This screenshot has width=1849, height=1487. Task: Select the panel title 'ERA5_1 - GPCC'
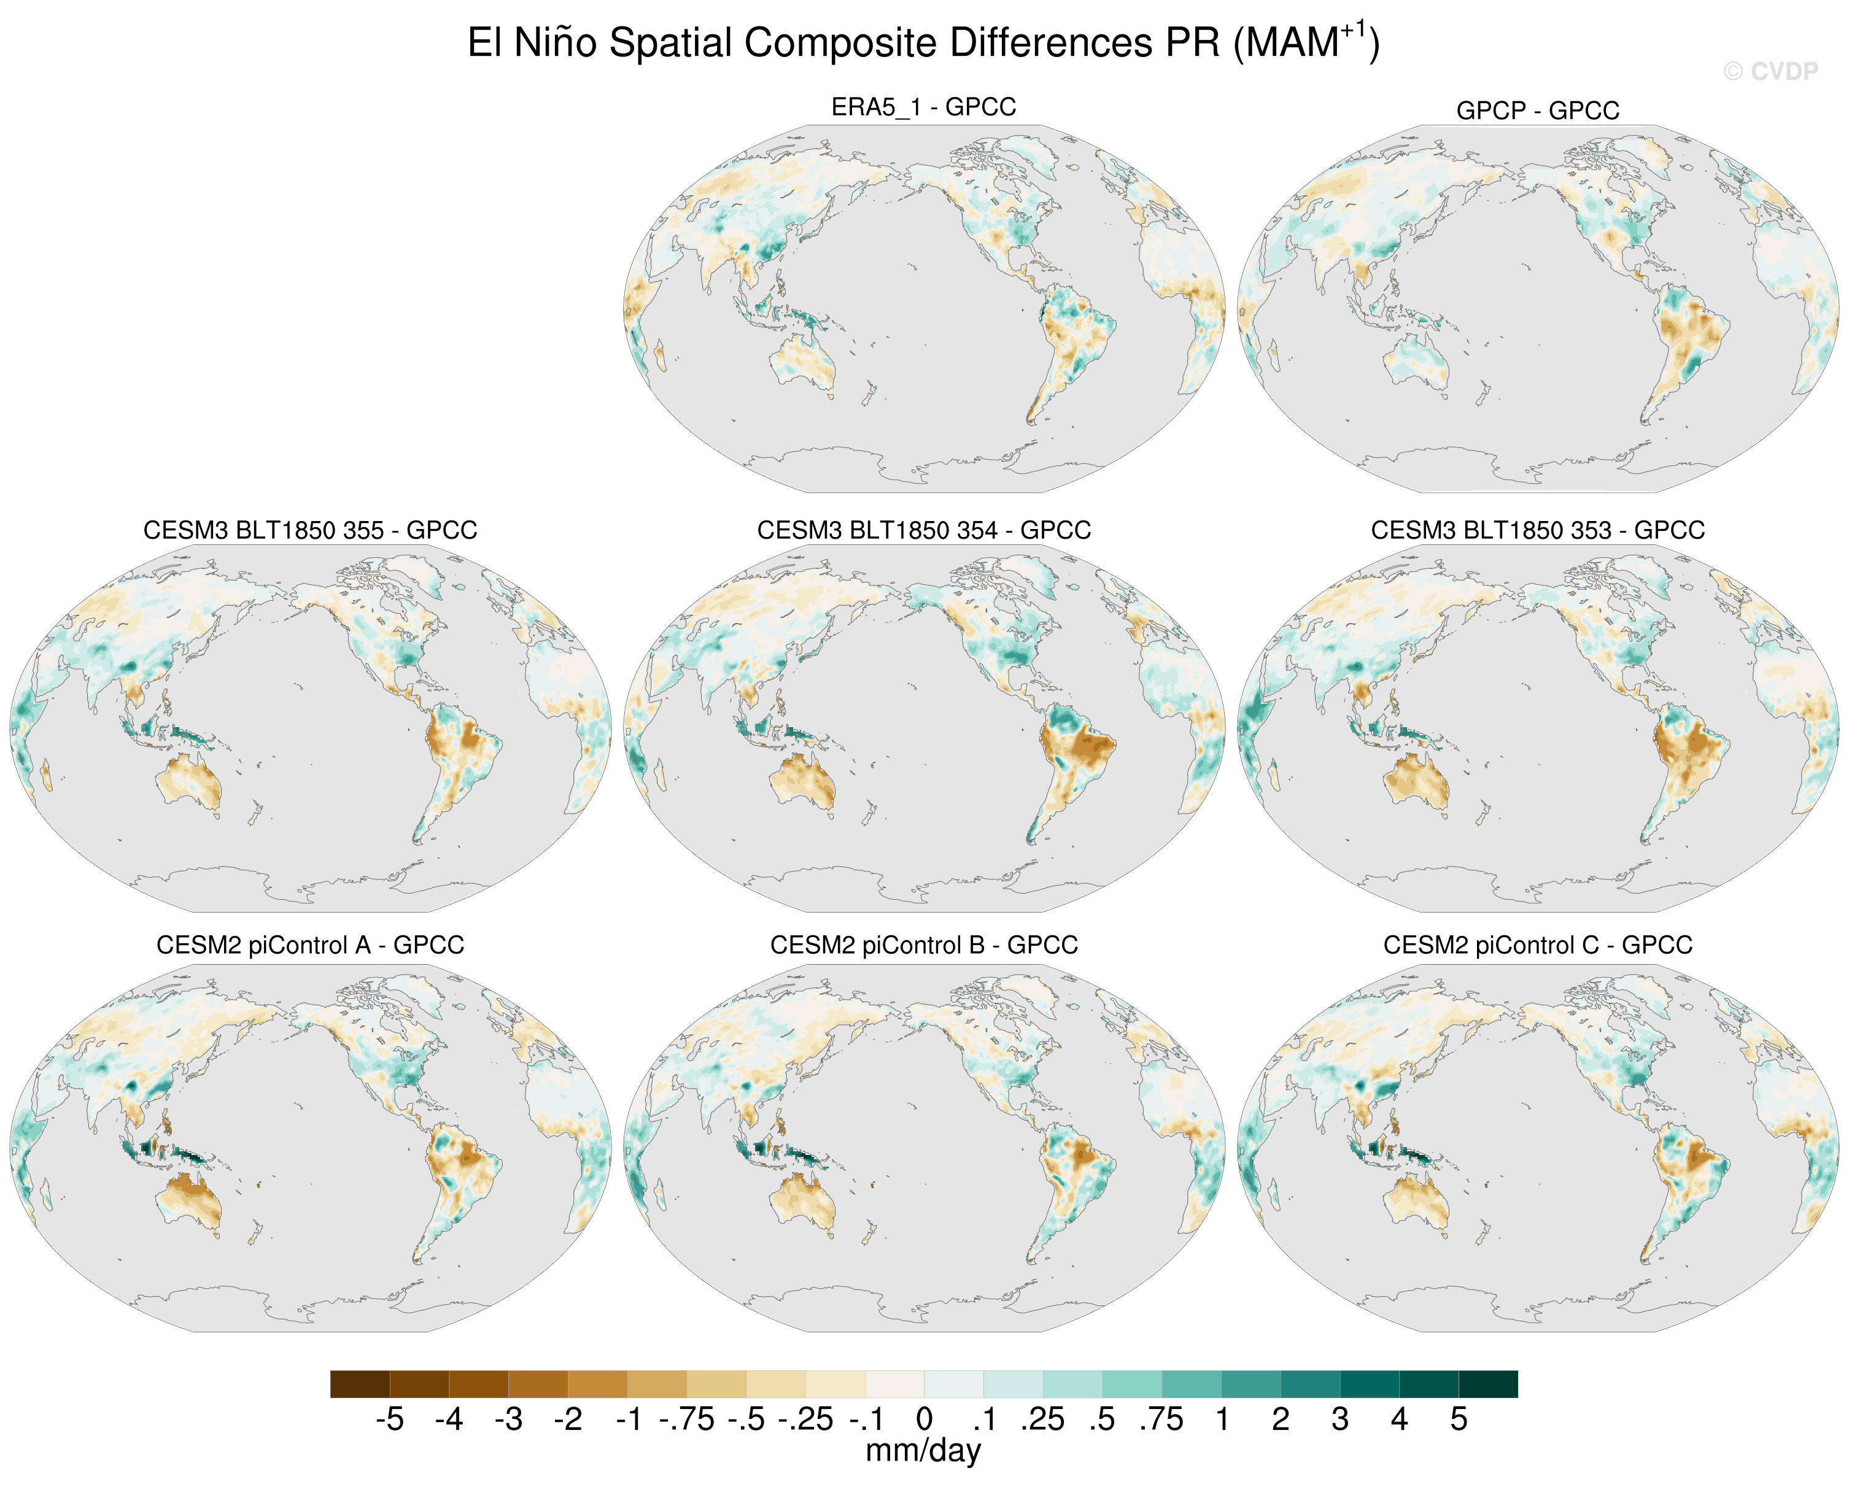924,107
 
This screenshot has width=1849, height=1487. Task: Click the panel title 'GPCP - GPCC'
1538,110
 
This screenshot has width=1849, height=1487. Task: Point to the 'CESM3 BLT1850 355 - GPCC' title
311,530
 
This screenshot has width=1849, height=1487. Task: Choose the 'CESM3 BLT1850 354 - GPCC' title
924,530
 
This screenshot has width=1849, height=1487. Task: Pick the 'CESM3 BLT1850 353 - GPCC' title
1538,530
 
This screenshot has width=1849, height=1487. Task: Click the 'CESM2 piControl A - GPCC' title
311,945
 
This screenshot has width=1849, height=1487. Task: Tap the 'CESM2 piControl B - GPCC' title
924,945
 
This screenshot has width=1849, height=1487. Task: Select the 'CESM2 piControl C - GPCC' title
1538,945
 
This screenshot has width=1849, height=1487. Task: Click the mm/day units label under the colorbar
924,1450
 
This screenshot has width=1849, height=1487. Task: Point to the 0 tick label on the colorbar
924,1419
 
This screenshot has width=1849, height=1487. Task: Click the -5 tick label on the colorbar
389,1419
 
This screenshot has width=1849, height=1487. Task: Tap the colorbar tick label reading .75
1161,1419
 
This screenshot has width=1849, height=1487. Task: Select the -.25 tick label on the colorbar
805,1419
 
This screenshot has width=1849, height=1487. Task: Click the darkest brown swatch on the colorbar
360,1384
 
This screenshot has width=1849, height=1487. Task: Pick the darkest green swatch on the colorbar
1488,1384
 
